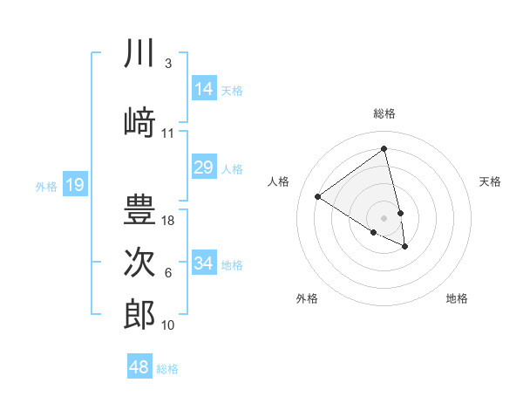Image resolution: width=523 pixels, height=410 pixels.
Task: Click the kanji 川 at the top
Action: (139, 55)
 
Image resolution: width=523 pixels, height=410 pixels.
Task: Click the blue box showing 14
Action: (204, 89)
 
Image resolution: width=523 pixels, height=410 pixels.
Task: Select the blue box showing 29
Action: (204, 167)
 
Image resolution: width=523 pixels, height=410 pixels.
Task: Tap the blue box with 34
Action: (204, 263)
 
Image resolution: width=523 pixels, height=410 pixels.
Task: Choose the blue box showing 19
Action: (75, 185)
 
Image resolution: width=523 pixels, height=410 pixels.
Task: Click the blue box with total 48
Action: (139, 367)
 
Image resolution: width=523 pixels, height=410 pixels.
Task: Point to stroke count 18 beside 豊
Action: (169, 221)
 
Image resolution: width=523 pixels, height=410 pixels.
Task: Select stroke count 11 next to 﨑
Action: (168, 133)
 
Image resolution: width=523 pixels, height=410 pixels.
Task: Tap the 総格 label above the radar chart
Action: (384, 113)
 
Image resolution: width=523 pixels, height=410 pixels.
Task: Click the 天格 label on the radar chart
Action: (490, 181)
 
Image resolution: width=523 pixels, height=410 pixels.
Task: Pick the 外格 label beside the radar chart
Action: (307, 298)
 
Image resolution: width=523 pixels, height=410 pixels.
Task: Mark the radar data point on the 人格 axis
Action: (318, 196)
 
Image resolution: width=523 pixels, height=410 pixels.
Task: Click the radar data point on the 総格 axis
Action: (384, 148)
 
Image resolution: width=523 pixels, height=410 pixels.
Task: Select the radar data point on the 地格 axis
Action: (405, 247)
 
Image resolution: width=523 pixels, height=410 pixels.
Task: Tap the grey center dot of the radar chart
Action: (384, 217)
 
